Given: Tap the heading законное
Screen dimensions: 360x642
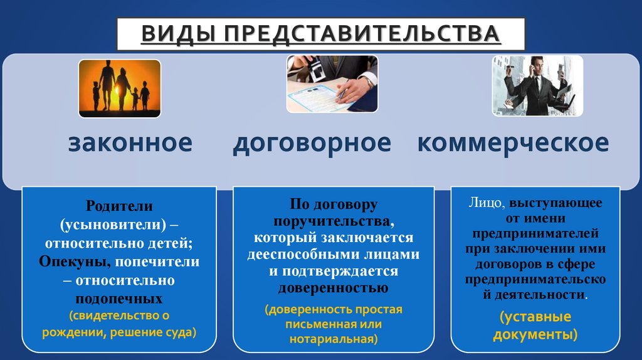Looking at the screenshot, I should coord(130,143).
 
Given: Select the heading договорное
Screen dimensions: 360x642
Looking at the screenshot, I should coord(312,143).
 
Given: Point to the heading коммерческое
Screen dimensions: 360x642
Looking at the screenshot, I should coord(513,143).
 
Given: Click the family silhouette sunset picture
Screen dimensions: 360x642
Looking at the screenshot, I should coord(119,88).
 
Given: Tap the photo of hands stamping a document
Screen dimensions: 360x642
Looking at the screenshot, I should coord(332,83).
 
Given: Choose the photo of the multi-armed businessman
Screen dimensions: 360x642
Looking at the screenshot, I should coord(537,85).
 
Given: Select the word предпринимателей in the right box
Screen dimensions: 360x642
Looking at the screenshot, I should coord(535,233).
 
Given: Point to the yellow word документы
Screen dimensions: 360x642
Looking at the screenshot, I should coord(534,334).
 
